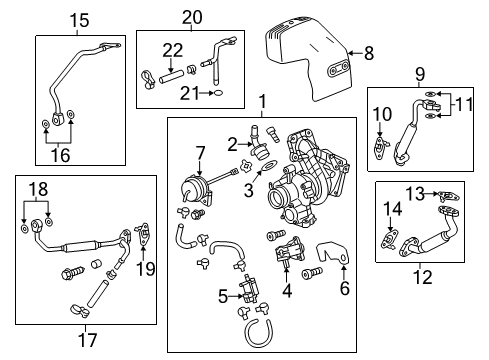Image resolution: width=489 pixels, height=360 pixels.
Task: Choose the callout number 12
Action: (x=423, y=276)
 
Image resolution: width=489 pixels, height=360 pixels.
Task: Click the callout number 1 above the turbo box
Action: (x=262, y=101)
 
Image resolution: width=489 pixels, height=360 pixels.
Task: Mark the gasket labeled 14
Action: (x=389, y=240)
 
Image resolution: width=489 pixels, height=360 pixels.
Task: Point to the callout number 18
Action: (x=38, y=188)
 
